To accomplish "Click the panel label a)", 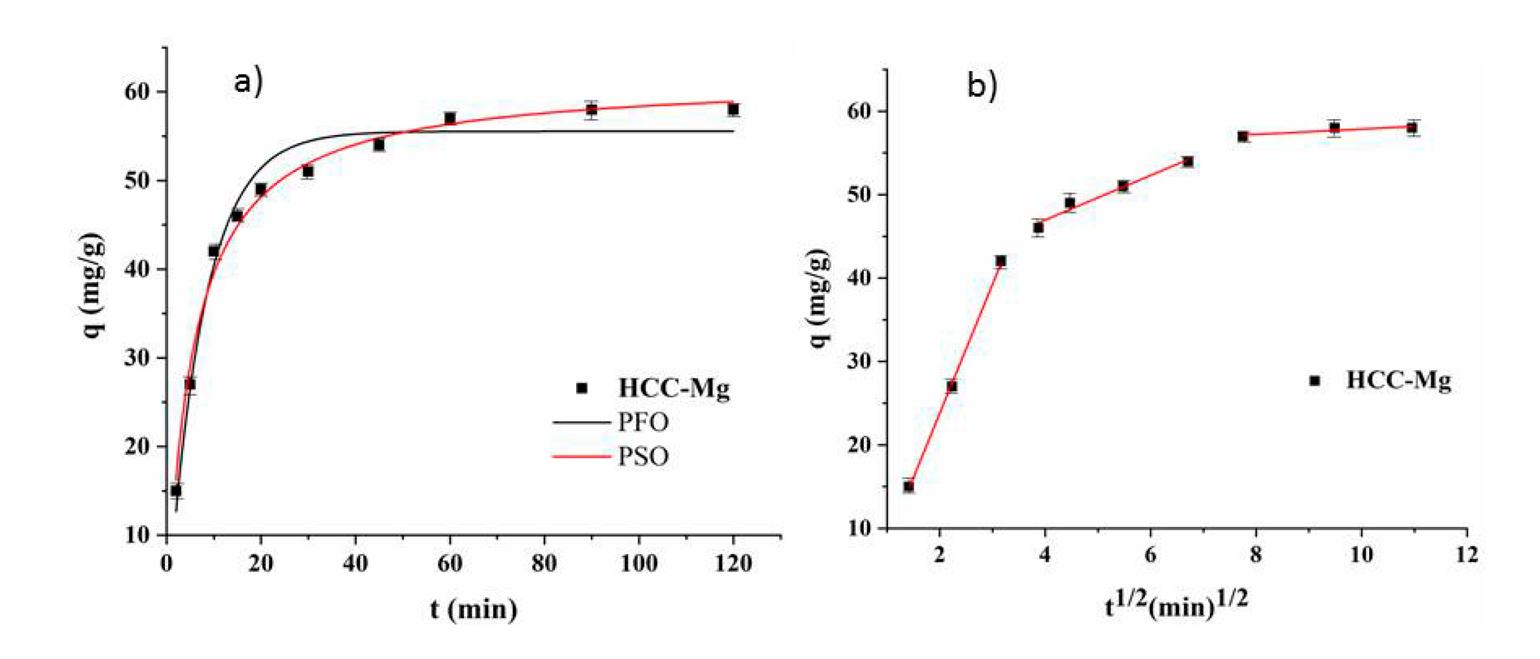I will pyautogui.click(x=247, y=82).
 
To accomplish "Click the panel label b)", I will pyautogui.click(x=981, y=86).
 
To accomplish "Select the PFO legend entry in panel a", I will pyautogui.click(x=642, y=422).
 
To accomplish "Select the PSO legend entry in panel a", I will pyautogui.click(x=642, y=456).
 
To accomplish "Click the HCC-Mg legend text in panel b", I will pyautogui.click(x=1398, y=380).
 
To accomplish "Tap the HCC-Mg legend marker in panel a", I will pyautogui.click(x=581, y=388).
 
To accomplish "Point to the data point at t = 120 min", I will pyautogui.click(x=733, y=109).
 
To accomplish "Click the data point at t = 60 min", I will pyautogui.click(x=450, y=118).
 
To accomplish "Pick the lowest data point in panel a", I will pyautogui.click(x=176, y=491).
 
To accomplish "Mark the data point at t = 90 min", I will pyautogui.click(x=591, y=109).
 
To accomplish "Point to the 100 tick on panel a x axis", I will pyautogui.click(x=639, y=563).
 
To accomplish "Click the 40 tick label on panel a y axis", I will pyautogui.click(x=137, y=269).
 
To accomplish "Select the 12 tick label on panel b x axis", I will pyautogui.click(x=1466, y=555).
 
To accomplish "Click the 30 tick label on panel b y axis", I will pyautogui.click(x=860, y=362).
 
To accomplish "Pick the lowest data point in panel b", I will pyautogui.click(x=909, y=486).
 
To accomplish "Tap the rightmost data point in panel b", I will pyautogui.click(x=1412, y=127).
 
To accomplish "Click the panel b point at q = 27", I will pyautogui.click(x=952, y=386).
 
